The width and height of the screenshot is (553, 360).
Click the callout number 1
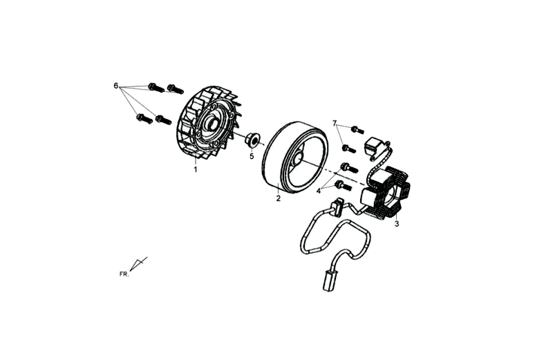pyautogui.click(x=195, y=169)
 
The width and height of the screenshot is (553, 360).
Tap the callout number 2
pyautogui.click(x=279, y=198)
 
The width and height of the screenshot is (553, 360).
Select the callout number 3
pyautogui.click(x=397, y=224)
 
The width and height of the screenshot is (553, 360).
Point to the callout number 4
pyautogui.click(x=319, y=191)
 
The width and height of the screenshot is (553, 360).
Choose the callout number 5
pyautogui.click(x=252, y=156)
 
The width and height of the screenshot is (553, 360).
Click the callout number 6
pyautogui.click(x=115, y=86)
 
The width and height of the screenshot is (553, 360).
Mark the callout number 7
pyautogui.click(x=335, y=123)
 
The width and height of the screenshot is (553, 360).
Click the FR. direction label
pyautogui.click(x=124, y=274)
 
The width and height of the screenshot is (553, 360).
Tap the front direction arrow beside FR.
pyautogui.click(x=138, y=264)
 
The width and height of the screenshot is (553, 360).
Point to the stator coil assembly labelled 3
pyautogui.click(x=386, y=192)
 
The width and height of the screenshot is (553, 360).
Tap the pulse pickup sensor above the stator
pyautogui.click(x=373, y=146)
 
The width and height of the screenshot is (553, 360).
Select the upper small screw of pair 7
pyautogui.click(x=357, y=129)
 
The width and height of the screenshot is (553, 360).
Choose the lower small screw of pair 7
pyautogui.click(x=349, y=149)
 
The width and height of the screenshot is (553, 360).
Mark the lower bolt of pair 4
pyautogui.click(x=342, y=185)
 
